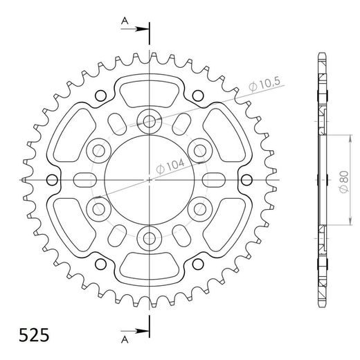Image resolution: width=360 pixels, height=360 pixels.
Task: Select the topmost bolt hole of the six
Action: pos(149,120)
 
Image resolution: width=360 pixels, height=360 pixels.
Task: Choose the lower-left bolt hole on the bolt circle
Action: pos(98,208)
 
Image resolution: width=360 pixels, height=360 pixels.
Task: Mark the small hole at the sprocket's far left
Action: pos(51,180)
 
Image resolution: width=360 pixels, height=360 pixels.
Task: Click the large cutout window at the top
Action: pos(149,89)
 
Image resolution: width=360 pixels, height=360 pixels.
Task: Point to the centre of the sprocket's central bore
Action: pos(149,180)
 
